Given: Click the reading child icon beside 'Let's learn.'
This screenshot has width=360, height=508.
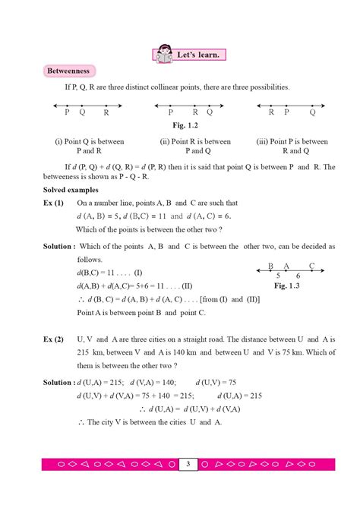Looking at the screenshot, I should pos(164,55).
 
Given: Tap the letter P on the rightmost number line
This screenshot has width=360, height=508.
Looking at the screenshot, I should pos(286,112).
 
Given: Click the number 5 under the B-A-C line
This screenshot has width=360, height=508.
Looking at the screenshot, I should pos(279,276).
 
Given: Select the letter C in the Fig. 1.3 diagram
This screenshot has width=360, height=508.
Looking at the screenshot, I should pos(311,265).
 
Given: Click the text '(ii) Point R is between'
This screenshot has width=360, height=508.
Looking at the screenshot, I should pos(195,141).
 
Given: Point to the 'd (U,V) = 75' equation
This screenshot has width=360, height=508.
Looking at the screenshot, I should pos(216,382).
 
